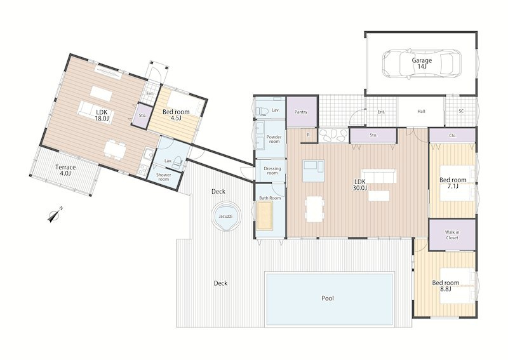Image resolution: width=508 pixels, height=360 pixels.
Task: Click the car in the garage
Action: pyautogui.click(x=422, y=64)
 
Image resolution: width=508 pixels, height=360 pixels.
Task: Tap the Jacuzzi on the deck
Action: pyautogui.click(x=225, y=217)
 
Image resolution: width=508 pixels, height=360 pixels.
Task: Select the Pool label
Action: pyautogui.click(x=328, y=298)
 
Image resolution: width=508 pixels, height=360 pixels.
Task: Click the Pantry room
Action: pyautogui.click(x=301, y=112)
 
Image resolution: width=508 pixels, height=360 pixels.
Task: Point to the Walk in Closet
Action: pyautogui.click(x=452, y=235)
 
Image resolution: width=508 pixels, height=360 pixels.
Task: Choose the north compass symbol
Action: pyautogui.click(x=55, y=215)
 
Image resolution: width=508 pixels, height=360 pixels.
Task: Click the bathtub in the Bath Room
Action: pyautogui.click(x=264, y=216)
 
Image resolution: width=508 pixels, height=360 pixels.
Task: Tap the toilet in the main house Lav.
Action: pyautogui.click(x=262, y=111)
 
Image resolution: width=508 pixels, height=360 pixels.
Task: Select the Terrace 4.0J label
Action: pyautogui.click(x=65, y=170)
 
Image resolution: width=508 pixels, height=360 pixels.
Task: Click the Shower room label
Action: pyautogui.click(x=164, y=177)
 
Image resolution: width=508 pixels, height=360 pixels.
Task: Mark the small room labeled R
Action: pyautogui.click(x=309, y=135)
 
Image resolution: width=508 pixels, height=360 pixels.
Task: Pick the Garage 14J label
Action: pyautogui.click(x=422, y=63)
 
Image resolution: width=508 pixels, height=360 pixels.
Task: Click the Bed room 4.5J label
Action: pyautogui.click(x=176, y=115)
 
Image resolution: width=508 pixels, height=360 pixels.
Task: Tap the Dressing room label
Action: pyautogui.click(x=272, y=171)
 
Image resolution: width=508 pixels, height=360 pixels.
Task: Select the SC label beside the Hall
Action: pyautogui.click(x=461, y=111)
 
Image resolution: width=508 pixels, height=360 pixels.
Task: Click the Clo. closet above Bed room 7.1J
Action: pyautogui.click(x=453, y=135)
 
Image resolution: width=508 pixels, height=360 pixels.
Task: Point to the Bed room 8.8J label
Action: pyautogui.click(x=446, y=286)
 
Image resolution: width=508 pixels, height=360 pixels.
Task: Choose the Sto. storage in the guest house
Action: pyautogui.click(x=142, y=115)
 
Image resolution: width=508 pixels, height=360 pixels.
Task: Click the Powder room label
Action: pyautogui.click(x=274, y=139)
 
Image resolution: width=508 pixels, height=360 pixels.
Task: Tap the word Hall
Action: pyautogui.click(x=421, y=111)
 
